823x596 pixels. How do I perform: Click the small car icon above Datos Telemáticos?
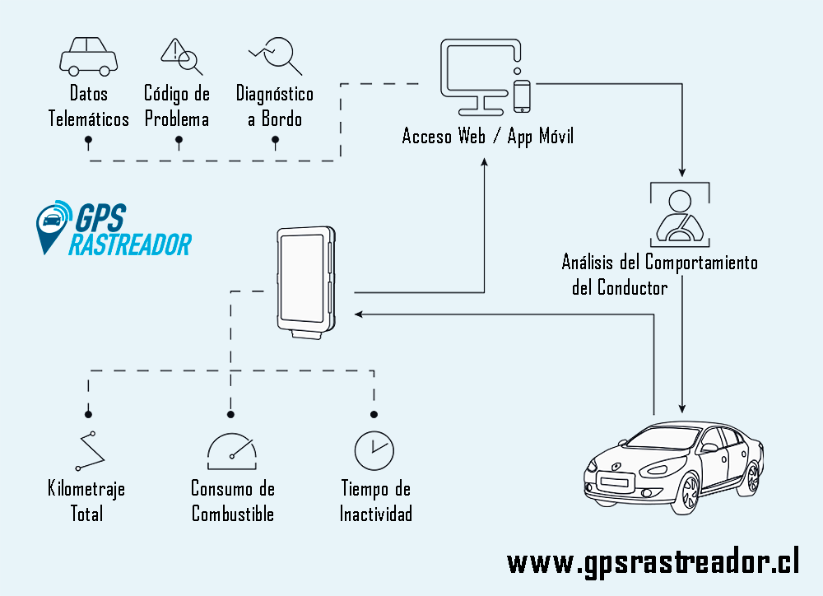[x=88, y=55]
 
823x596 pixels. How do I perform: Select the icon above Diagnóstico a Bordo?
[x=275, y=54]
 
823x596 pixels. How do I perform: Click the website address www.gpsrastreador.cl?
[x=653, y=562]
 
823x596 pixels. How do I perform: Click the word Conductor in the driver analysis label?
[x=633, y=287]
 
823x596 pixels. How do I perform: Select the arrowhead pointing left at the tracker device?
[x=359, y=314]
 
